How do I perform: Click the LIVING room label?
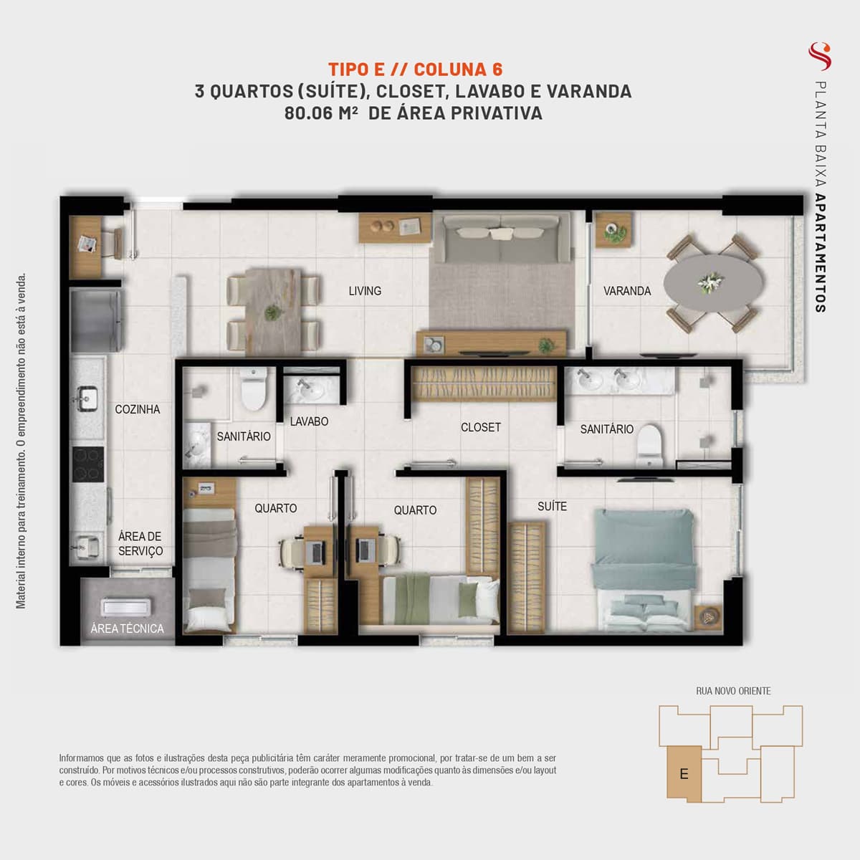[365, 291]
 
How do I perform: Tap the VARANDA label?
[627, 291]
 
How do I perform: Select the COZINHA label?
[138, 409]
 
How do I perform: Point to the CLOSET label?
[481, 428]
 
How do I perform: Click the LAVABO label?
[309, 421]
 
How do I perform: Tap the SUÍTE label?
[552, 506]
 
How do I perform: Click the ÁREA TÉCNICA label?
[127, 629]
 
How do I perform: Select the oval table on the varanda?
[712, 283]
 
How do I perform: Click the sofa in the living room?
[502, 239]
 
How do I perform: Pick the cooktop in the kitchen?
[88, 464]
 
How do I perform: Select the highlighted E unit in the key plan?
[684, 774]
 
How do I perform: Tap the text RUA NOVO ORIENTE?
[733, 691]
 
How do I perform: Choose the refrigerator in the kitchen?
[95, 319]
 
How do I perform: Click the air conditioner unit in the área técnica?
[125, 607]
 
